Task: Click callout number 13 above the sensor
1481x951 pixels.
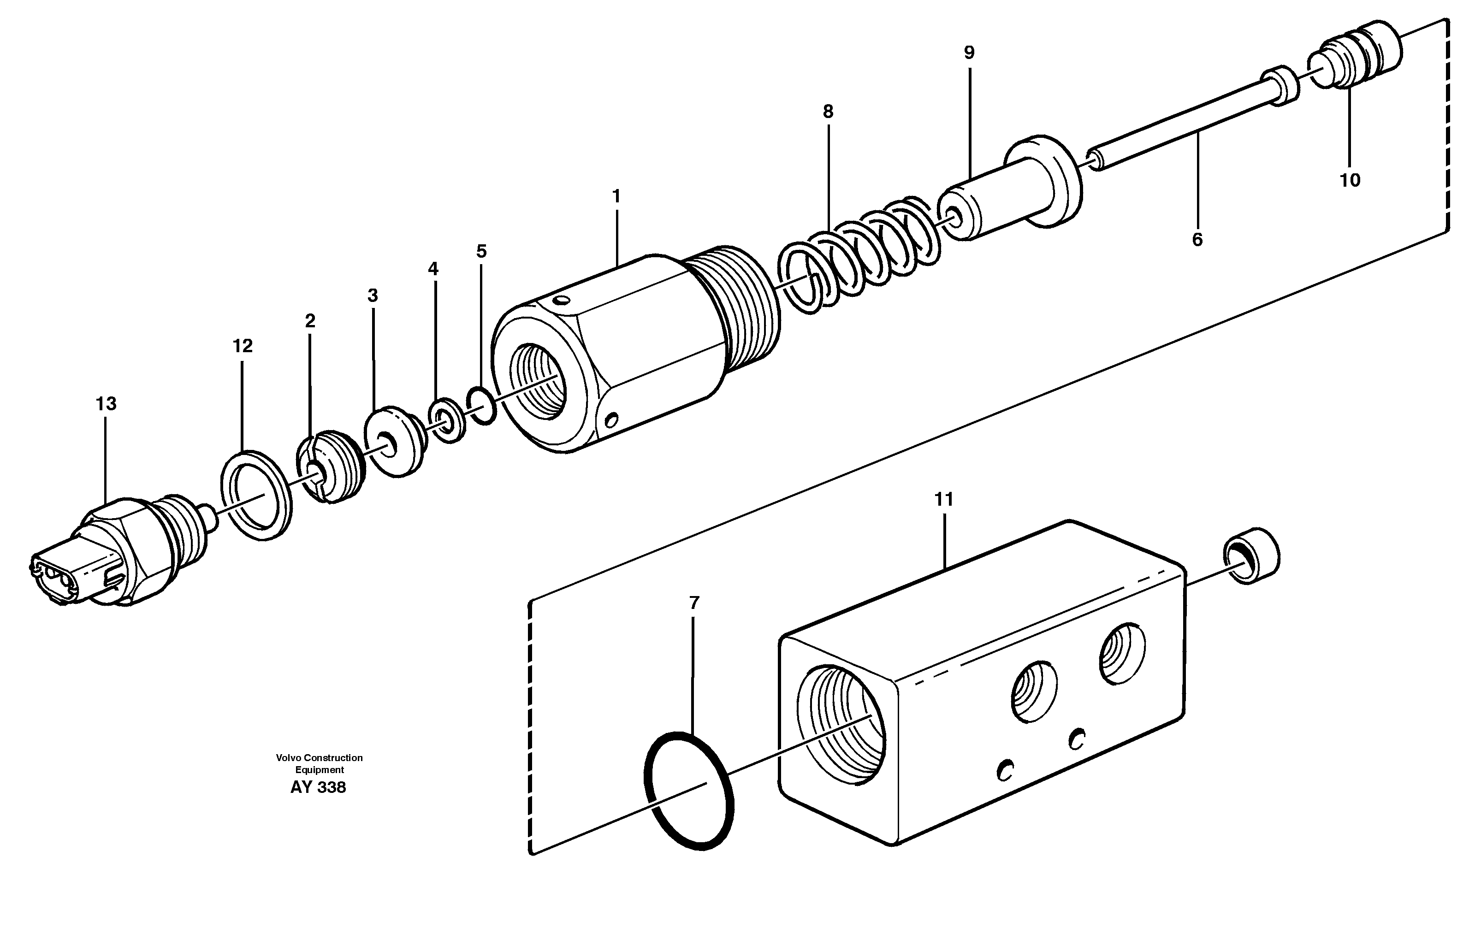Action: (x=106, y=404)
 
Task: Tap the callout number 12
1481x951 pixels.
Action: (x=243, y=347)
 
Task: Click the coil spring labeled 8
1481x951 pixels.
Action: (x=859, y=253)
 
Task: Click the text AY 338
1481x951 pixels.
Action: (x=318, y=787)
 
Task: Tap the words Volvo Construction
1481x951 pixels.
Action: (x=319, y=758)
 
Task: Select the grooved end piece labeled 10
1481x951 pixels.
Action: (x=1356, y=59)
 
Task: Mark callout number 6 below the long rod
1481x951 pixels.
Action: (x=1197, y=240)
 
